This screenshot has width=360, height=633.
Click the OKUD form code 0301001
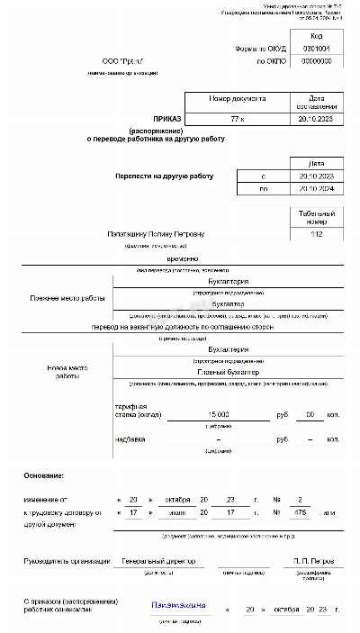pos(317,49)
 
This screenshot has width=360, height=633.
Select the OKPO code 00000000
pos(317,61)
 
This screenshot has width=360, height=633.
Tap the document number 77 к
pos(237,118)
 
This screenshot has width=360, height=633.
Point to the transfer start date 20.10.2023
pos(316,176)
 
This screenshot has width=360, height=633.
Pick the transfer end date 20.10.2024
pos(316,189)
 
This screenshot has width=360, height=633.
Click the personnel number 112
pos(316,235)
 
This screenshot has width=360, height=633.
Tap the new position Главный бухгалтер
pos(228,372)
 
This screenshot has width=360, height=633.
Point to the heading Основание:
pos(44,475)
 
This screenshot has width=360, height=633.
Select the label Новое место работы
pos(54,372)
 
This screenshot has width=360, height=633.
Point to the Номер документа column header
pos(237,97)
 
